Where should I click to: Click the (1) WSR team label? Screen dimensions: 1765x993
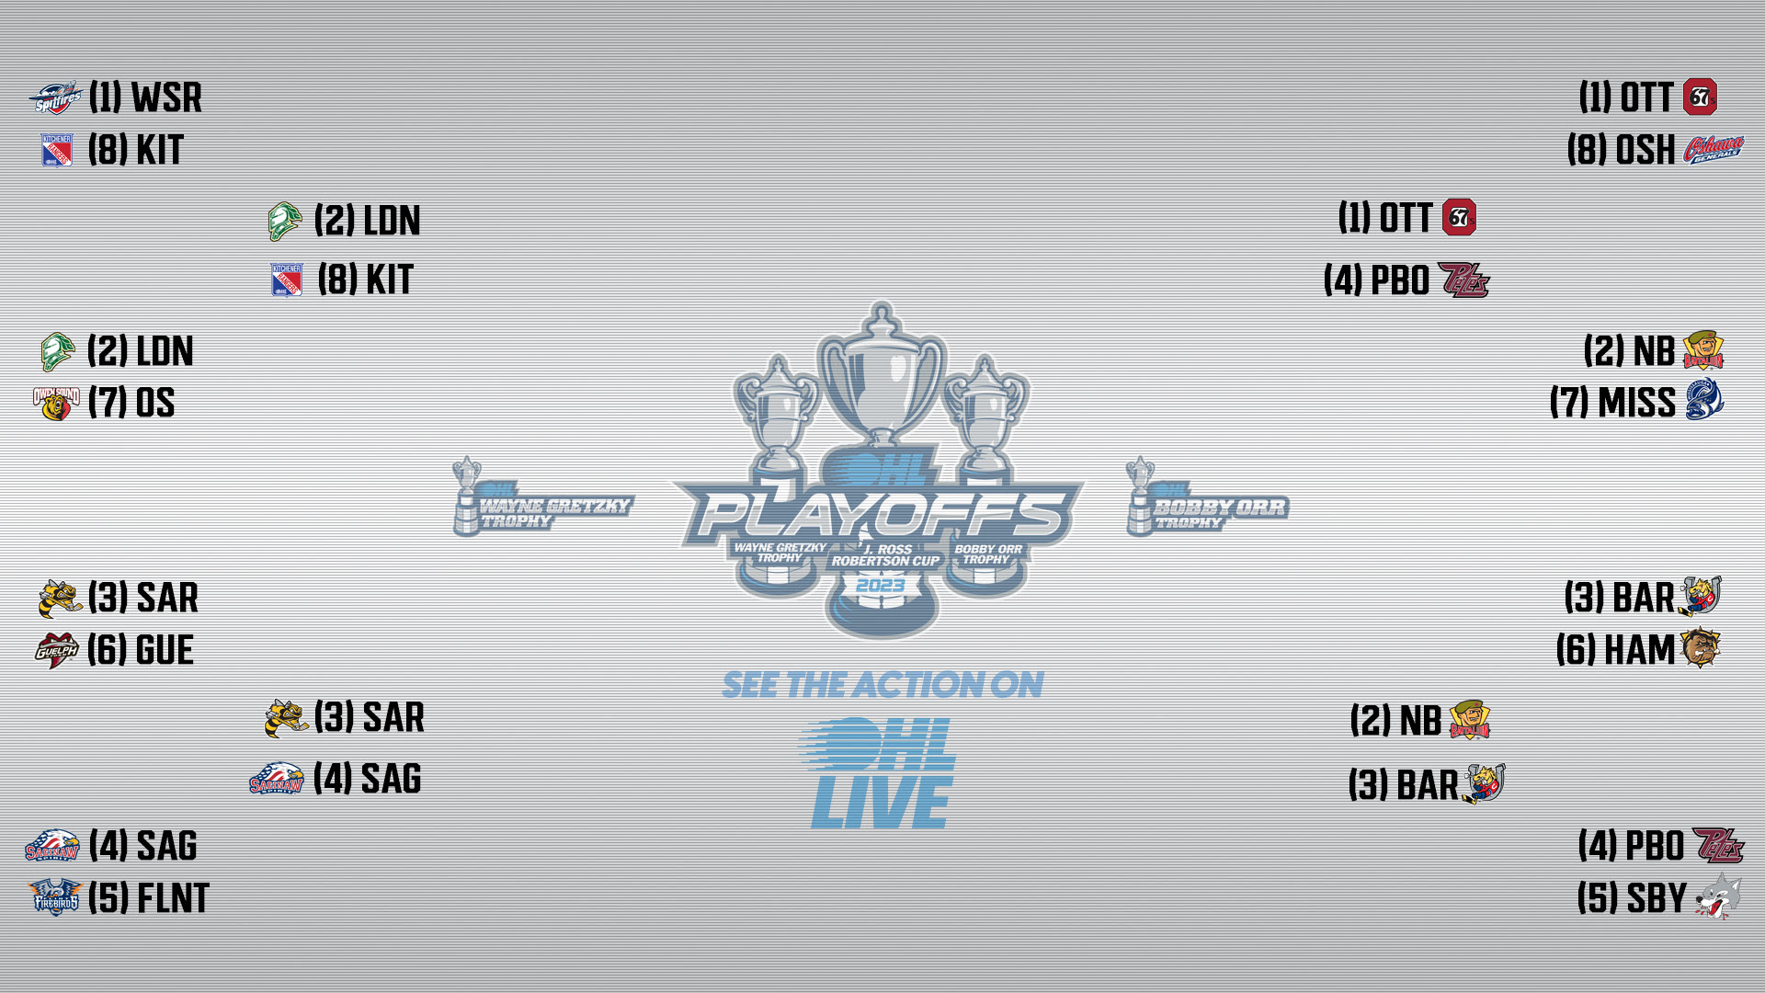tap(145, 97)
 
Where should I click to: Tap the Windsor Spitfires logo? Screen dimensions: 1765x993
tap(55, 98)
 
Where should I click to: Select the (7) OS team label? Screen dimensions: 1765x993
tap(131, 403)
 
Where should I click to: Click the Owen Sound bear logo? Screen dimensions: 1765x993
tap(56, 404)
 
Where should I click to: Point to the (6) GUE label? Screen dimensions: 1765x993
tap(141, 650)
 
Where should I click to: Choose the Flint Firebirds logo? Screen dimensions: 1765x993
tap(55, 897)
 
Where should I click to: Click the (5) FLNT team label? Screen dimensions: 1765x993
tap(149, 898)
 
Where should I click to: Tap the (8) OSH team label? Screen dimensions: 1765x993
tap(1622, 150)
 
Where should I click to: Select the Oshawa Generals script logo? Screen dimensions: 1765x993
tap(1714, 149)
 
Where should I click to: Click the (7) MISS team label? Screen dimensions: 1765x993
tap(1613, 403)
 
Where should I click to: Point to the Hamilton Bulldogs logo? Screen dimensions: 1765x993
tap(1701, 648)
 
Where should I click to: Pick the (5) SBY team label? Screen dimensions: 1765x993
tap(1633, 898)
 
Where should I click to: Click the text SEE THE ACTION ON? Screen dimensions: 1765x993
tap(882, 685)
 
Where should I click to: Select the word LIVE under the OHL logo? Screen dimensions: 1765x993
tap(881, 803)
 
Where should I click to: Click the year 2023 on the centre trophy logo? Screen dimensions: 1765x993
tap(881, 586)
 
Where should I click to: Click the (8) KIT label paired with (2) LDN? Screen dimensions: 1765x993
tap(366, 280)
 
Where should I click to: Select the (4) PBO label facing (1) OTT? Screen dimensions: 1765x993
tap(1376, 280)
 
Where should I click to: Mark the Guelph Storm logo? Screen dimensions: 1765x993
tap(57, 650)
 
